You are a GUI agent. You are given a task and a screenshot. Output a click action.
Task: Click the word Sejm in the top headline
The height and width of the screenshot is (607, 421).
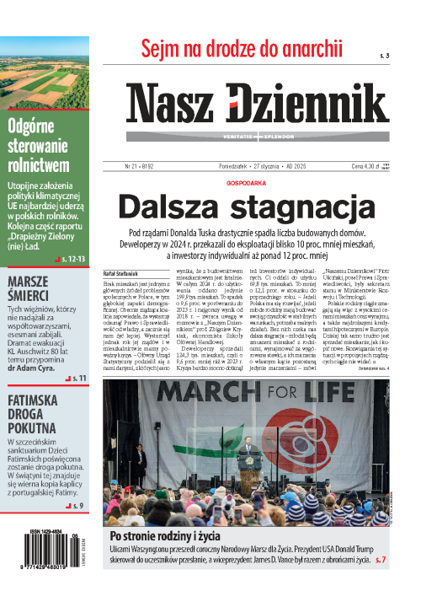(x=162, y=48)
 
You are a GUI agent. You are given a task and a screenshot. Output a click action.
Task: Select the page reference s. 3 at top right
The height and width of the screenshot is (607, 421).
(x=385, y=55)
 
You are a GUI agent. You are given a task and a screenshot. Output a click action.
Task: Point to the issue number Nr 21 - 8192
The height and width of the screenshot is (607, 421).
(x=143, y=167)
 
